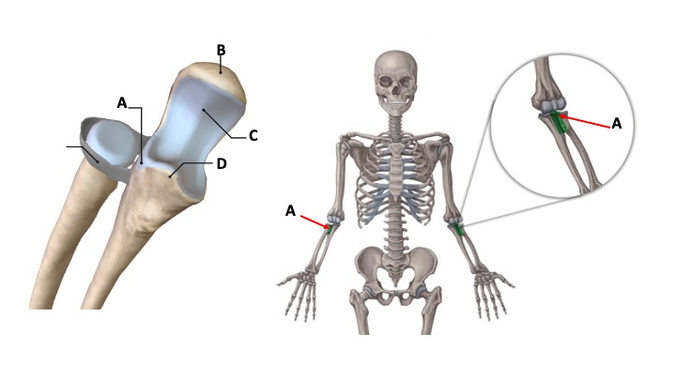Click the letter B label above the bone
point(221,50)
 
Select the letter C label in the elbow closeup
point(253,135)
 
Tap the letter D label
point(222,163)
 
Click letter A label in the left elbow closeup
point(122,102)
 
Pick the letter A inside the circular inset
point(616,123)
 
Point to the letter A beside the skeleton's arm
point(290,211)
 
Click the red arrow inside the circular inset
point(586,121)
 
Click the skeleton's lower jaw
point(394,99)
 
